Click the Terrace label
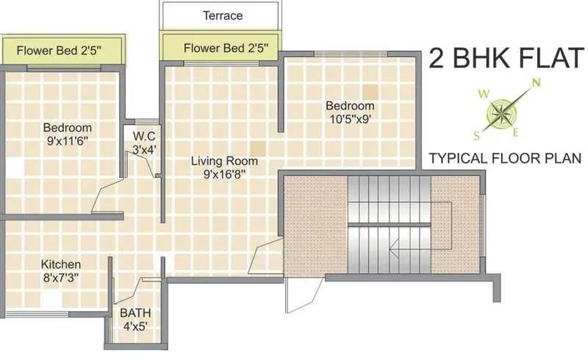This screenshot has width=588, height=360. tap(223, 15)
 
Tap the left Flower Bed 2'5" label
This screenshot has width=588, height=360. tap(59, 51)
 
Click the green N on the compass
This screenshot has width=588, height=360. tap(537, 82)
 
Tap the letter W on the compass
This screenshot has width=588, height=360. tap(483, 94)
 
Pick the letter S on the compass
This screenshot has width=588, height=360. tap(478, 134)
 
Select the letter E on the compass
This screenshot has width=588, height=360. tap(516, 132)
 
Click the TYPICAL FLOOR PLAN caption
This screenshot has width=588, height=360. tap(505, 158)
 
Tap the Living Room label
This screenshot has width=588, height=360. tap(224, 161)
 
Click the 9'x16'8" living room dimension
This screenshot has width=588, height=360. tap(224, 174)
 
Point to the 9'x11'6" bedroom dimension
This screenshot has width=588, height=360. tap(67, 140)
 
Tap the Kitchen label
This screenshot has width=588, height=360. tap(61, 264)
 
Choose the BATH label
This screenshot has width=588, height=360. tap(135, 312)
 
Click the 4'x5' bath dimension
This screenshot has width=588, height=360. tap(135, 326)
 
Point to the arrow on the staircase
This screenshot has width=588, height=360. tap(395, 248)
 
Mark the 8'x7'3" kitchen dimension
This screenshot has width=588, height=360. tap(61, 278)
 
